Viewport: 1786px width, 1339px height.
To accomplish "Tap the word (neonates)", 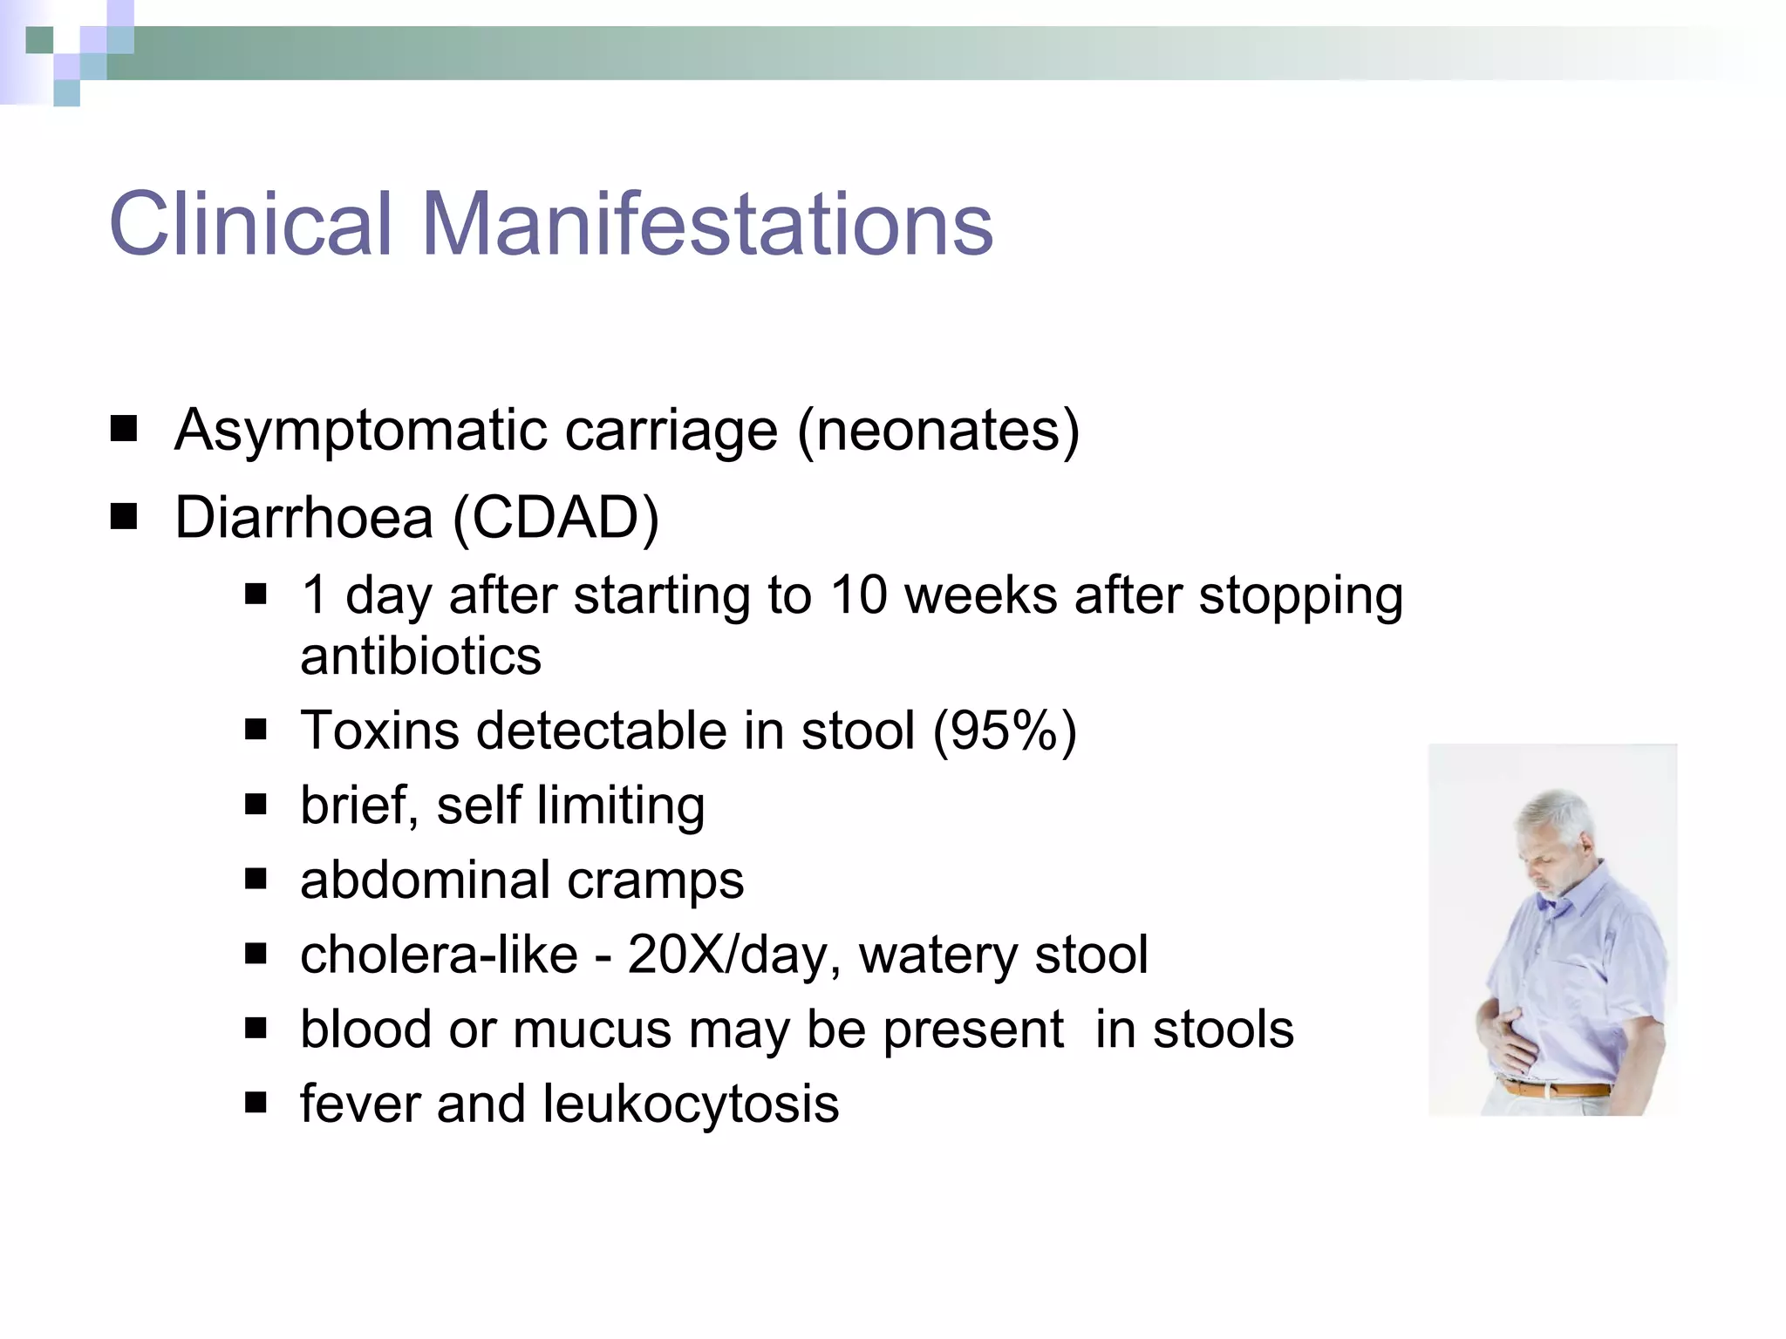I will pos(938,430).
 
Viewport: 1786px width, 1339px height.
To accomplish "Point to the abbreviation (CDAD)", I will pos(556,518).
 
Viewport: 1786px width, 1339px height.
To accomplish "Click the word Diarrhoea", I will pos(303,518).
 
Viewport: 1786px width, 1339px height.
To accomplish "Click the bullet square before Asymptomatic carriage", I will pos(124,429).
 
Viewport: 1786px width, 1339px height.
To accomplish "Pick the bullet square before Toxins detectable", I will pos(256,729).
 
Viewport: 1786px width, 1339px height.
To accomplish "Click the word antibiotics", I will pos(420,656).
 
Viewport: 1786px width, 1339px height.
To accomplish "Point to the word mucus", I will pos(592,1030).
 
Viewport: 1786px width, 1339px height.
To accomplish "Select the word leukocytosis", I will pos(691,1104).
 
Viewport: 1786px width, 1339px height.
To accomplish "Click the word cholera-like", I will pos(439,955).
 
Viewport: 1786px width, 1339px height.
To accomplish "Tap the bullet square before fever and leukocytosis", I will pos(256,1103).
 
